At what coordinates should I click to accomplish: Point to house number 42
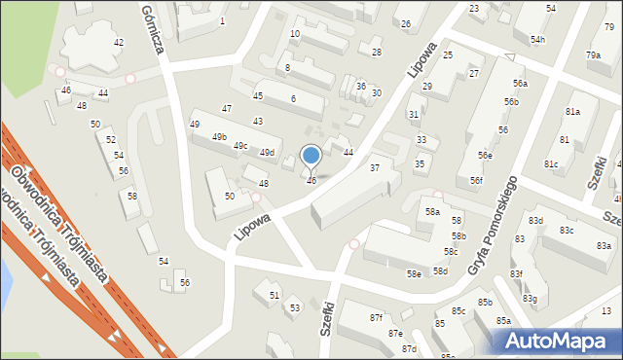[119, 43]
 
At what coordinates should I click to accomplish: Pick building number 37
[375, 168]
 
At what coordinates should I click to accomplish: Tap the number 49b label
[219, 136]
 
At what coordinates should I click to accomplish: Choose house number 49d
[267, 153]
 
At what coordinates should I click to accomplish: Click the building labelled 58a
[432, 212]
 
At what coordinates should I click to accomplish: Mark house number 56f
[475, 181]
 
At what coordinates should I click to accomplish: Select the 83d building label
[536, 221]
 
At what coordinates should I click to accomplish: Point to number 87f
[376, 318]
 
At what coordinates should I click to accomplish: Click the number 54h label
[538, 40]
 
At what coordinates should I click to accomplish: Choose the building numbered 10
[294, 34]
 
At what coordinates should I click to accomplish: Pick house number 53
[295, 307]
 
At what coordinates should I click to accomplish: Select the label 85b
[485, 303]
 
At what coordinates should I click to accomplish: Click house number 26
[406, 23]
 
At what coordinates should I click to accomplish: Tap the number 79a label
[594, 55]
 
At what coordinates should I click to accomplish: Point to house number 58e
[414, 274]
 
